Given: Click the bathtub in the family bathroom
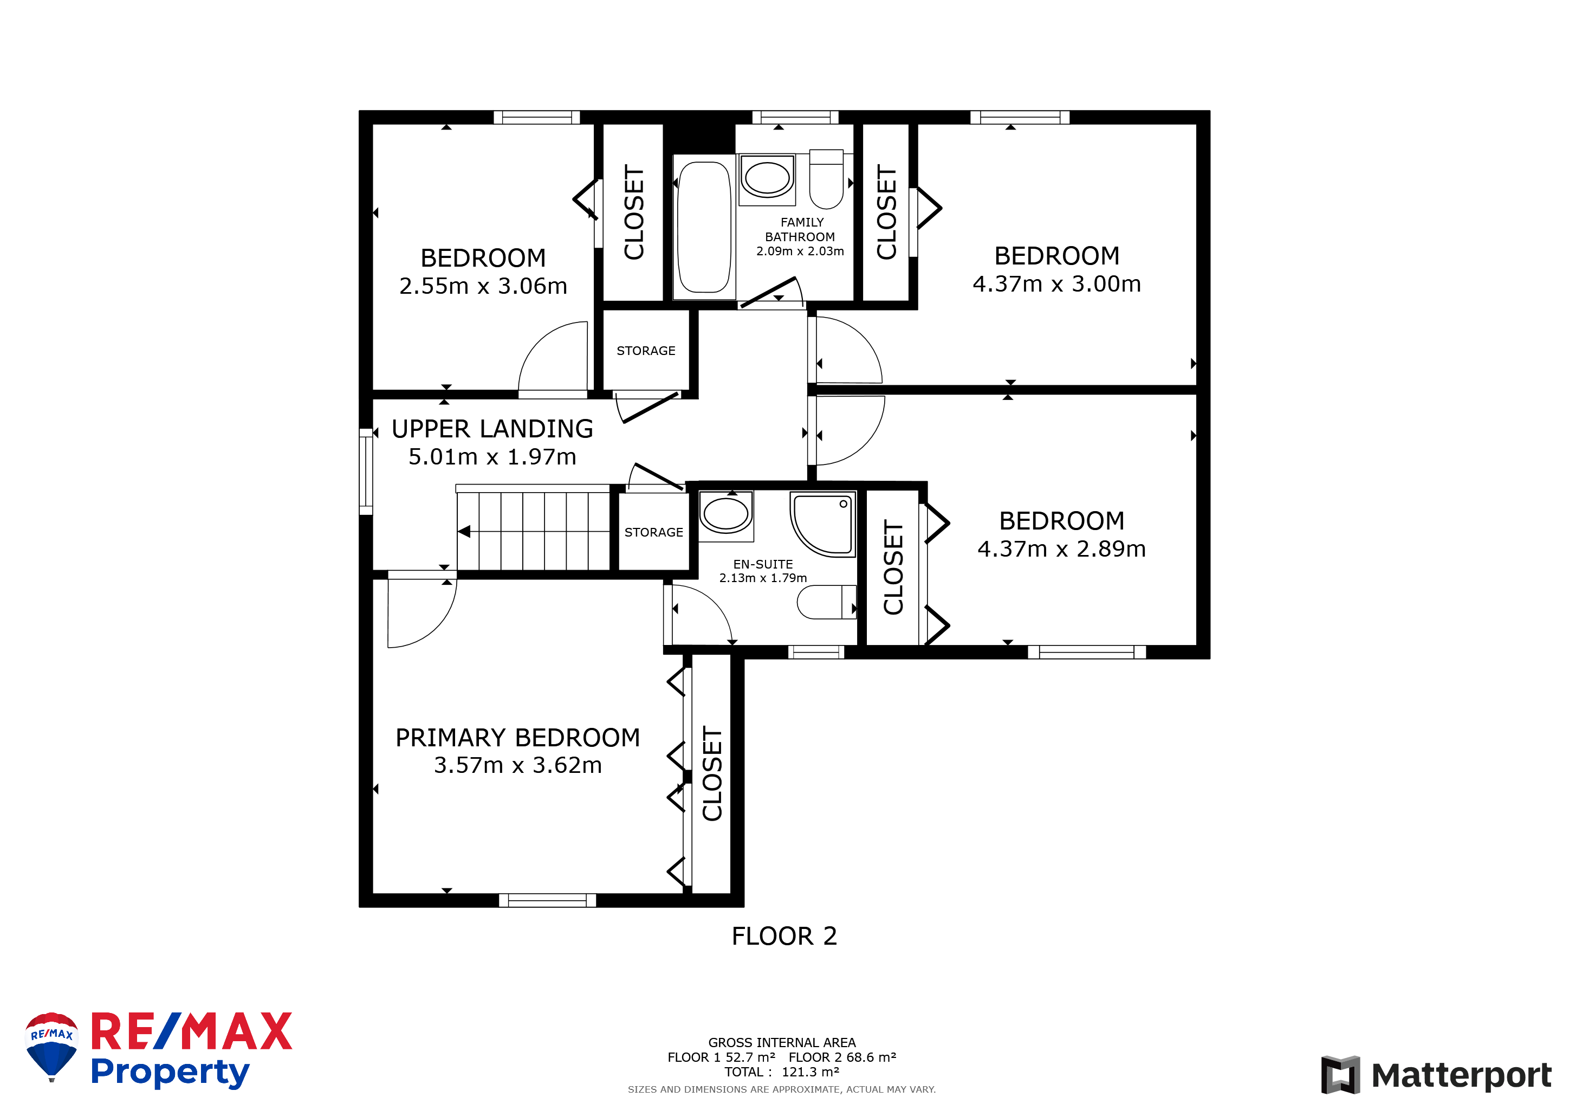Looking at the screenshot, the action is (x=704, y=227).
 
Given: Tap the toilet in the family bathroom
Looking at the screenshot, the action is (x=826, y=179).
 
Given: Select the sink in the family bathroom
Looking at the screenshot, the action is (x=767, y=179).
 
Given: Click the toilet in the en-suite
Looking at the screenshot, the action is (x=826, y=602).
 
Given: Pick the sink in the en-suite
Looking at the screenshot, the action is (x=726, y=516).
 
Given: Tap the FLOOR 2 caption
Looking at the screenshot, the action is (x=784, y=937).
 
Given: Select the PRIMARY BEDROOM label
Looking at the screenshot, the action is (x=518, y=738).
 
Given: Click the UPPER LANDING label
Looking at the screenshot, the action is (x=492, y=429).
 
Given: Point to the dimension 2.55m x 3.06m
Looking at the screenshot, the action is (x=483, y=286).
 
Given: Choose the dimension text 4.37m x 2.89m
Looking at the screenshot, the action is (x=1061, y=549).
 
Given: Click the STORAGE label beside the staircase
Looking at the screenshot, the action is (x=653, y=532).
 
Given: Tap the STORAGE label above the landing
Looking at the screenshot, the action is (x=646, y=351).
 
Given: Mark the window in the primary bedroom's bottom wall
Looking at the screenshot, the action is (x=547, y=900).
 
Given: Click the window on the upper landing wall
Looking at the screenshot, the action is (x=366, y=472).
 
